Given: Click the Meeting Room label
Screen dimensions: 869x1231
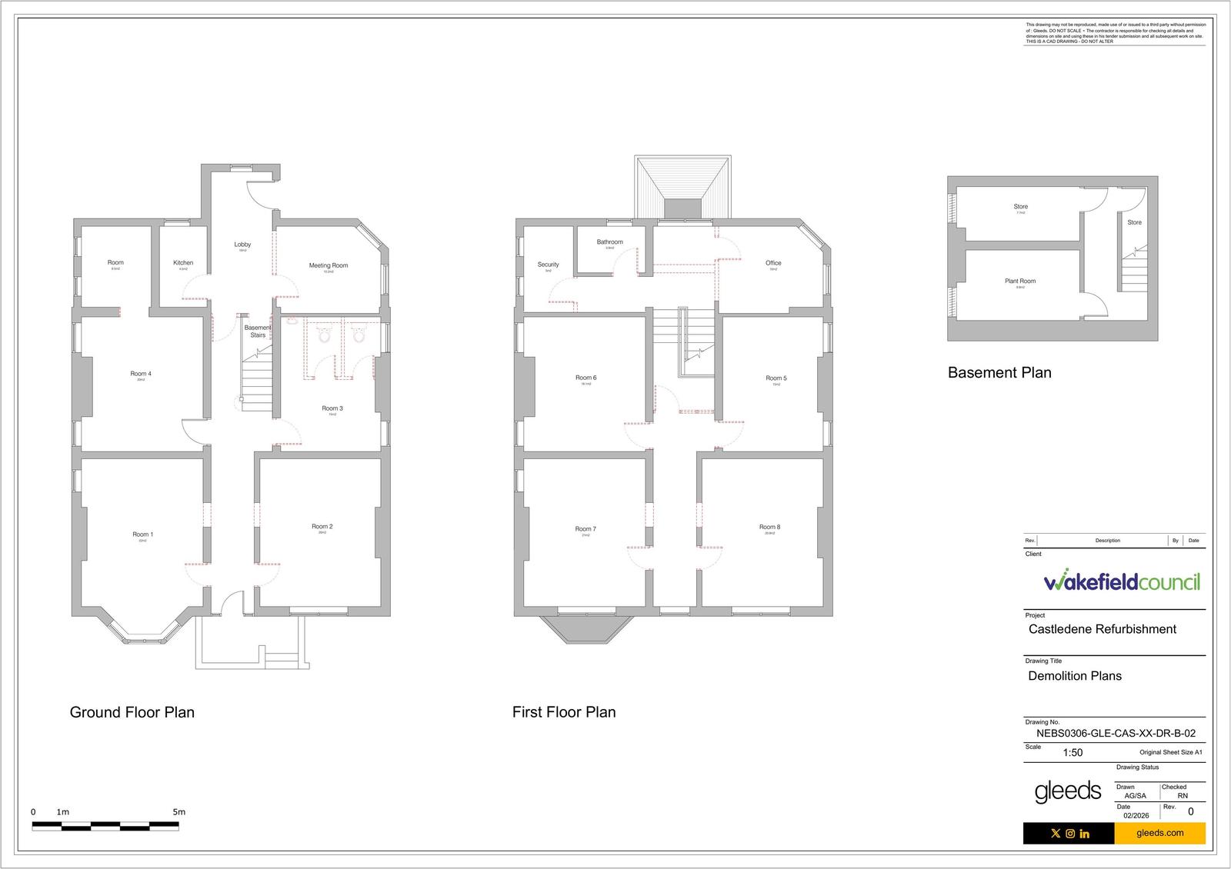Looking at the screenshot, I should pos(329,265).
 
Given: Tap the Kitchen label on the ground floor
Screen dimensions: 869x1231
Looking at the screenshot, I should pos(183,263).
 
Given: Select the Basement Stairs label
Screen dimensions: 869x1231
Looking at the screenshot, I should pos(258,331).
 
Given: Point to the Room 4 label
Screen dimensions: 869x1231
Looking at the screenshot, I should pos(141,375).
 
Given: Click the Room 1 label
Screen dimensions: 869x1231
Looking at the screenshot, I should pos(142,534).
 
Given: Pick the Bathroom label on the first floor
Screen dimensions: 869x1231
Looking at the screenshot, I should pos(609,242).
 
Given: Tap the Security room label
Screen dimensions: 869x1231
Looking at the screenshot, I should pos(548,265).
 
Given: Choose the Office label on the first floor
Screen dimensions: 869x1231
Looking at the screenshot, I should pos(773,263).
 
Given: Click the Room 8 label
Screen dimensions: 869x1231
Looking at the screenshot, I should pos(769,528).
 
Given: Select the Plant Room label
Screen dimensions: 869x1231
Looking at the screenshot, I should pos(1020,281).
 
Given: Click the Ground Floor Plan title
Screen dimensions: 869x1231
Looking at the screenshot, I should pos(132,712).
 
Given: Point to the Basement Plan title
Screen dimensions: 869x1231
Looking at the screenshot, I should pos(999,373).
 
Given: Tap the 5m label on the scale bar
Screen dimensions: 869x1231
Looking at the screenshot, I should pos(178,812).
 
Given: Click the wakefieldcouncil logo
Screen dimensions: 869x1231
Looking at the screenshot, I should pos(1122,581).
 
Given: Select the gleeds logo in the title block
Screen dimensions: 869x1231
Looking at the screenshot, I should pos(1067,791).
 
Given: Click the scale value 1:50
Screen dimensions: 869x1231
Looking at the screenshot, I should pos(1073,753).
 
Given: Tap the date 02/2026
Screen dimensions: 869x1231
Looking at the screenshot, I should pos(1136,815).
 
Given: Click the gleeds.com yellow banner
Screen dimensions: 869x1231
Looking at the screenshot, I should pos(1159,833).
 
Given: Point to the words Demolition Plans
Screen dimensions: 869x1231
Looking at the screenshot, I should pos(1075,676).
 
